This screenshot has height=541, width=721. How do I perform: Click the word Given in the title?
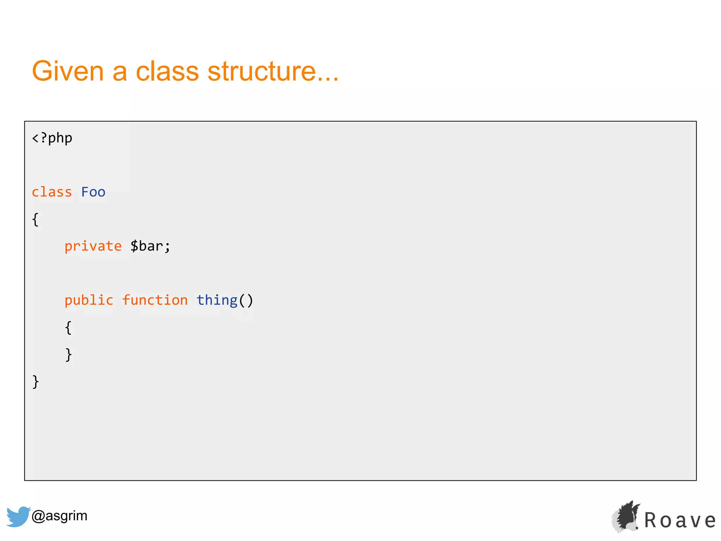click(x=68, y=71)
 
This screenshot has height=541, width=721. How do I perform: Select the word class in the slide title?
click(x=167, y=71)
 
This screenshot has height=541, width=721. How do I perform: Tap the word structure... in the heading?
click(x=273, y=71)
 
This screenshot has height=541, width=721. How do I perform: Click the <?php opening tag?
click(x=52, y=138)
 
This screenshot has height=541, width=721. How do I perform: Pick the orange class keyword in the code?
click(x=52, y=192)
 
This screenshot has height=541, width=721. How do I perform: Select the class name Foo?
click(x=93, y=192)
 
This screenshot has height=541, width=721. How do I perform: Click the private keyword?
click(x=93, y=246)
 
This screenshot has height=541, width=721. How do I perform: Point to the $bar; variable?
click(x=150, y=246)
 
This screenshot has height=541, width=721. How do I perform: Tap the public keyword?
click(x=89, y=300)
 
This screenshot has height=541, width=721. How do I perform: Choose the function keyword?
click(x=155, y=300)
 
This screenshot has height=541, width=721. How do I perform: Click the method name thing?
click(x=217, y=300)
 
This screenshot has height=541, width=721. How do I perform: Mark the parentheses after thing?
click(x=246, y=300)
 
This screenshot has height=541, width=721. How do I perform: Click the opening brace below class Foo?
click(x=35, y=219)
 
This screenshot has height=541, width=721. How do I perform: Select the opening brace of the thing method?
click(x=68, y=328)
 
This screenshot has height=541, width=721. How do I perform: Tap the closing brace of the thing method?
click(x=68, y=355)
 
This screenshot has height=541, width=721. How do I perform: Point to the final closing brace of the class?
click(x=35, y=382)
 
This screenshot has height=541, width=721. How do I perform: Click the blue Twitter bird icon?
click(x=18, y=516)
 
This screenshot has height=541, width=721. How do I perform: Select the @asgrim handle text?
click(x=59, y=516)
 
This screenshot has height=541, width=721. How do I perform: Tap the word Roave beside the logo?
click(x=680, y=521)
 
